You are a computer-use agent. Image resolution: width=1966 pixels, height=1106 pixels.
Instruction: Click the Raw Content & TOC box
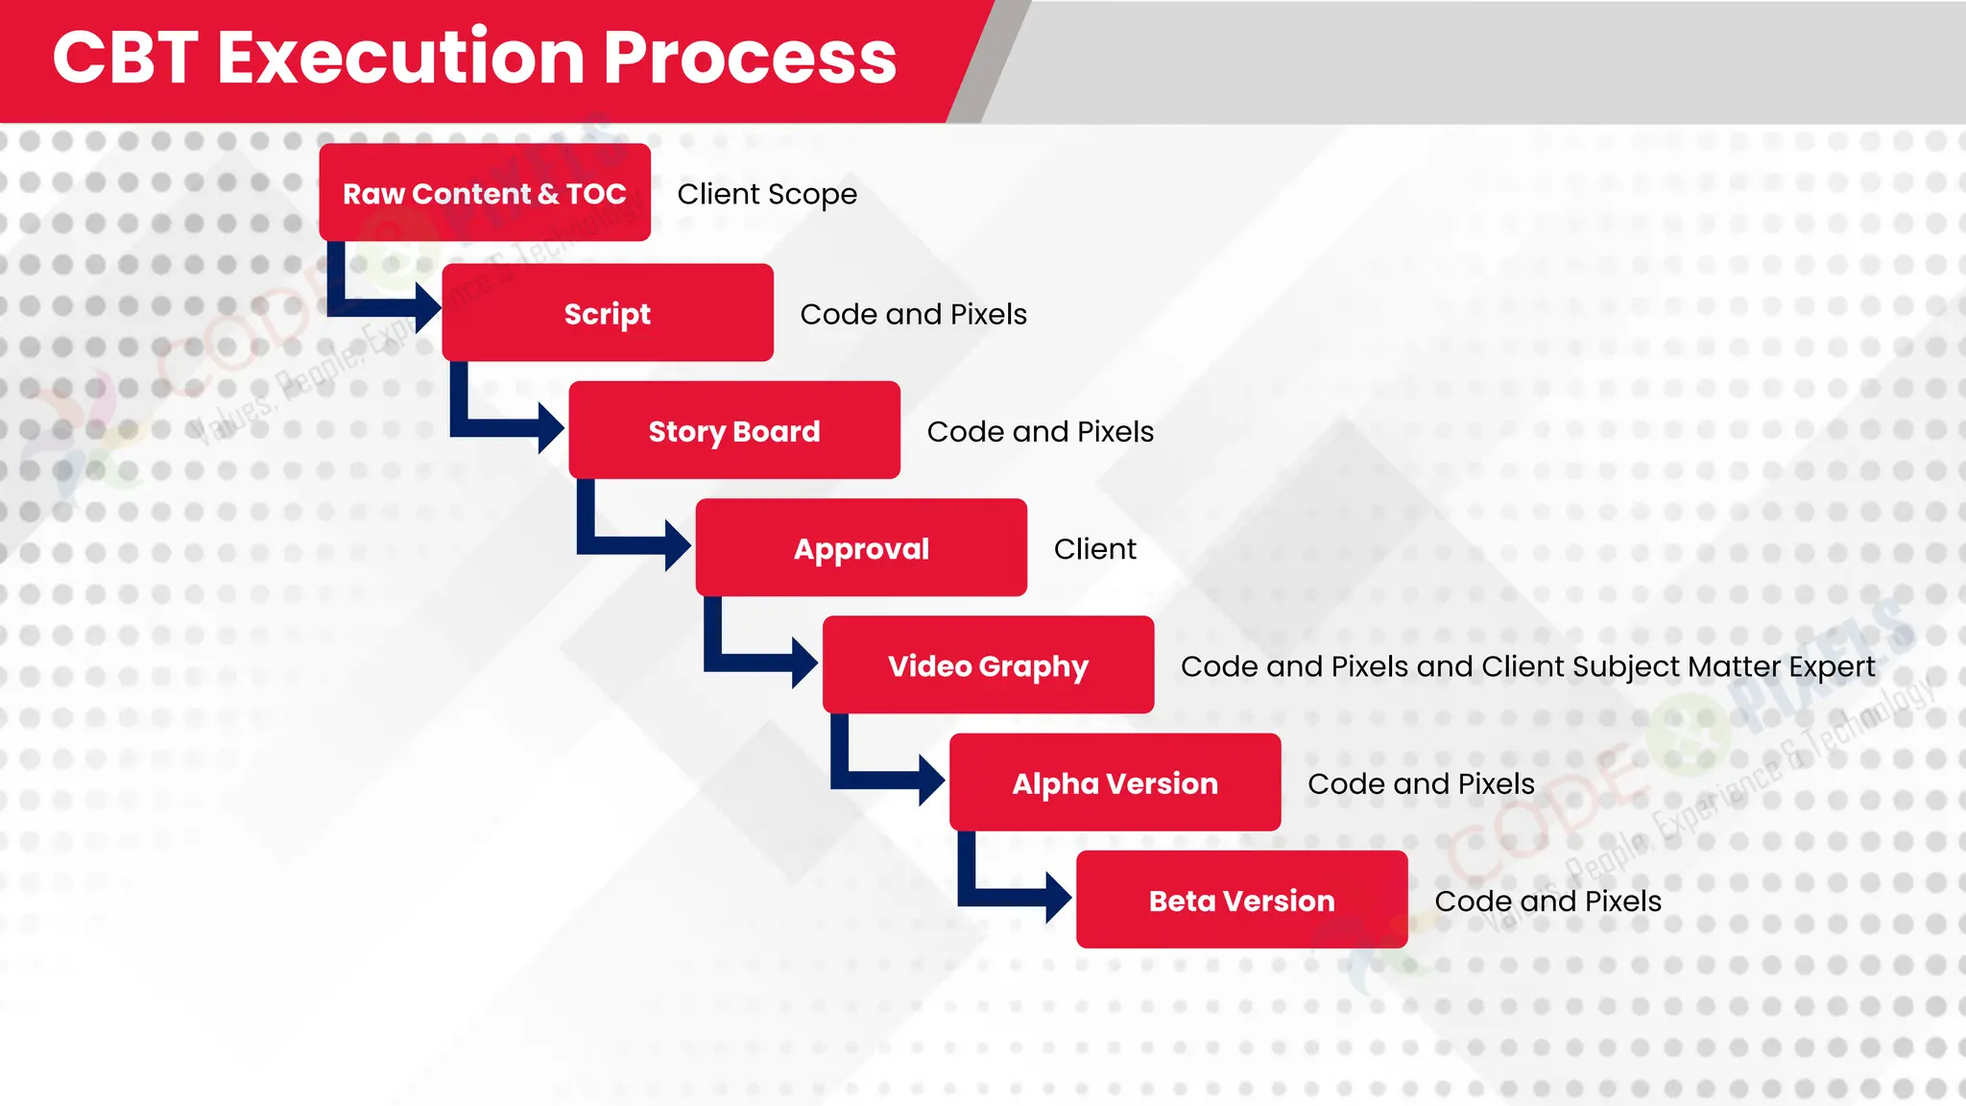484,193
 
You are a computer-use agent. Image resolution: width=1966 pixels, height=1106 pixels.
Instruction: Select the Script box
607,313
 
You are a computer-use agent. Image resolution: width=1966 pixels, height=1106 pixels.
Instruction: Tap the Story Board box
733,431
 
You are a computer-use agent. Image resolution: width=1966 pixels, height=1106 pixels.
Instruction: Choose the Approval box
861,548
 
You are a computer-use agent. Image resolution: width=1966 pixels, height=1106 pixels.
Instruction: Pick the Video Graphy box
988,665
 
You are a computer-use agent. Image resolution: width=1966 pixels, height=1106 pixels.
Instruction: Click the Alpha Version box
1115,783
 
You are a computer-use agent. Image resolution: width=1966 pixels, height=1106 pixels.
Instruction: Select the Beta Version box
1241,901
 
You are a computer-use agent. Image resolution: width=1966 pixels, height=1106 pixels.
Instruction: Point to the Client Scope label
767,194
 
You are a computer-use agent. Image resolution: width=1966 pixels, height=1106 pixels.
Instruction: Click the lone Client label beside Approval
1094,548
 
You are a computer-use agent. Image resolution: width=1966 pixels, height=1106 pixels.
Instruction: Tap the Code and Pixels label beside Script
913,314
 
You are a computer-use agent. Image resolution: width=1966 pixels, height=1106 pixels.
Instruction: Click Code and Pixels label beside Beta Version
1547,901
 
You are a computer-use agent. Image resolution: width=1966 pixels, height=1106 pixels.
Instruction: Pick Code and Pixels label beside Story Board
1040,431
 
